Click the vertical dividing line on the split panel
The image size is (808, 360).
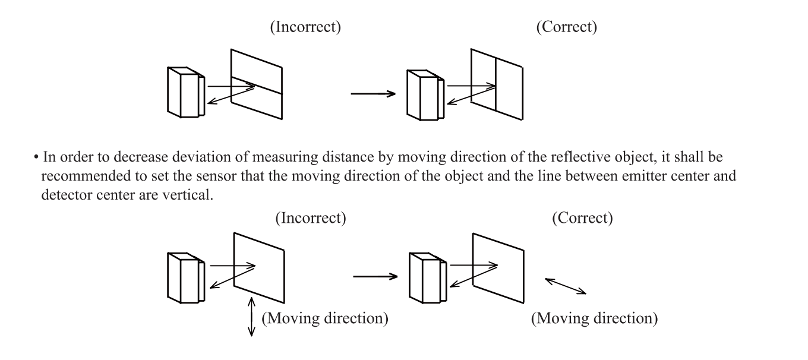pyautogui.click(x=495, y=83)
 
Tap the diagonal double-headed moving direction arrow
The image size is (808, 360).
pyautogui.click(x=566, y=286)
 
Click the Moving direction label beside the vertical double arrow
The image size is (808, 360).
pyautogui.click(x=325, y=318)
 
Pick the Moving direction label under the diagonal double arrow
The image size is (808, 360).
pyautogui.click(x=594, y=318)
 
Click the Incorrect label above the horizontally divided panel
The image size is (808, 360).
pyautogui.click(x=305, y=28)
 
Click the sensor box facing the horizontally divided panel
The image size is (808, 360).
pyautogui.click(x=185, y=93)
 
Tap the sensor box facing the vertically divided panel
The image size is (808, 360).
pyautogui.click(x=424, y=95)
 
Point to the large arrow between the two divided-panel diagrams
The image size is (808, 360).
pyautogui.click(x=373, y=93)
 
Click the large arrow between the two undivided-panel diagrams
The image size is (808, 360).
pyautogui.click(x=375, y=276)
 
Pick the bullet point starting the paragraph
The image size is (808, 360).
pyautogui.click(x=37, y=157)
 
